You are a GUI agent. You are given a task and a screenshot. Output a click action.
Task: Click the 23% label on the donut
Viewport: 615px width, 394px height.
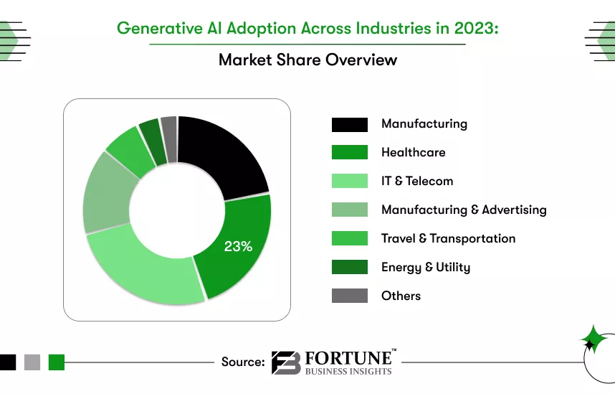point(238,246)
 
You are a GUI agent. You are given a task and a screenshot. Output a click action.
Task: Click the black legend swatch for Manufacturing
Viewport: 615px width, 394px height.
point(349,124)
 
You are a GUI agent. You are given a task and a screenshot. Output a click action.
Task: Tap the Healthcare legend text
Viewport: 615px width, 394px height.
point(413,152)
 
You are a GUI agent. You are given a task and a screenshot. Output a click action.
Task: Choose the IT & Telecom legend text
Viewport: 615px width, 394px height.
point(417,181)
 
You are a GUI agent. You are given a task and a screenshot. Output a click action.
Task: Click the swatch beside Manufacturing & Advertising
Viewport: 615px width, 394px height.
point(349,210)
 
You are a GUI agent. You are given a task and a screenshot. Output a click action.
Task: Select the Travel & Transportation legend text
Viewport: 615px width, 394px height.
point(448,238)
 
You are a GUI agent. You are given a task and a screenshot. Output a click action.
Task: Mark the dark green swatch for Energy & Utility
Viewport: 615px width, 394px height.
point(349,267)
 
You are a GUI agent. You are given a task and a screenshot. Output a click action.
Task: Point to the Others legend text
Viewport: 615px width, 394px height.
point(401,296)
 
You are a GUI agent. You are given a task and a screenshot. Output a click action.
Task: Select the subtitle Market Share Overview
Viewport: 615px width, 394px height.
point(307,60)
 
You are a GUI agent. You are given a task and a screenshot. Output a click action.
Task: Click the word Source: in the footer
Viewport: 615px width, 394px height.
point(243,362)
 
